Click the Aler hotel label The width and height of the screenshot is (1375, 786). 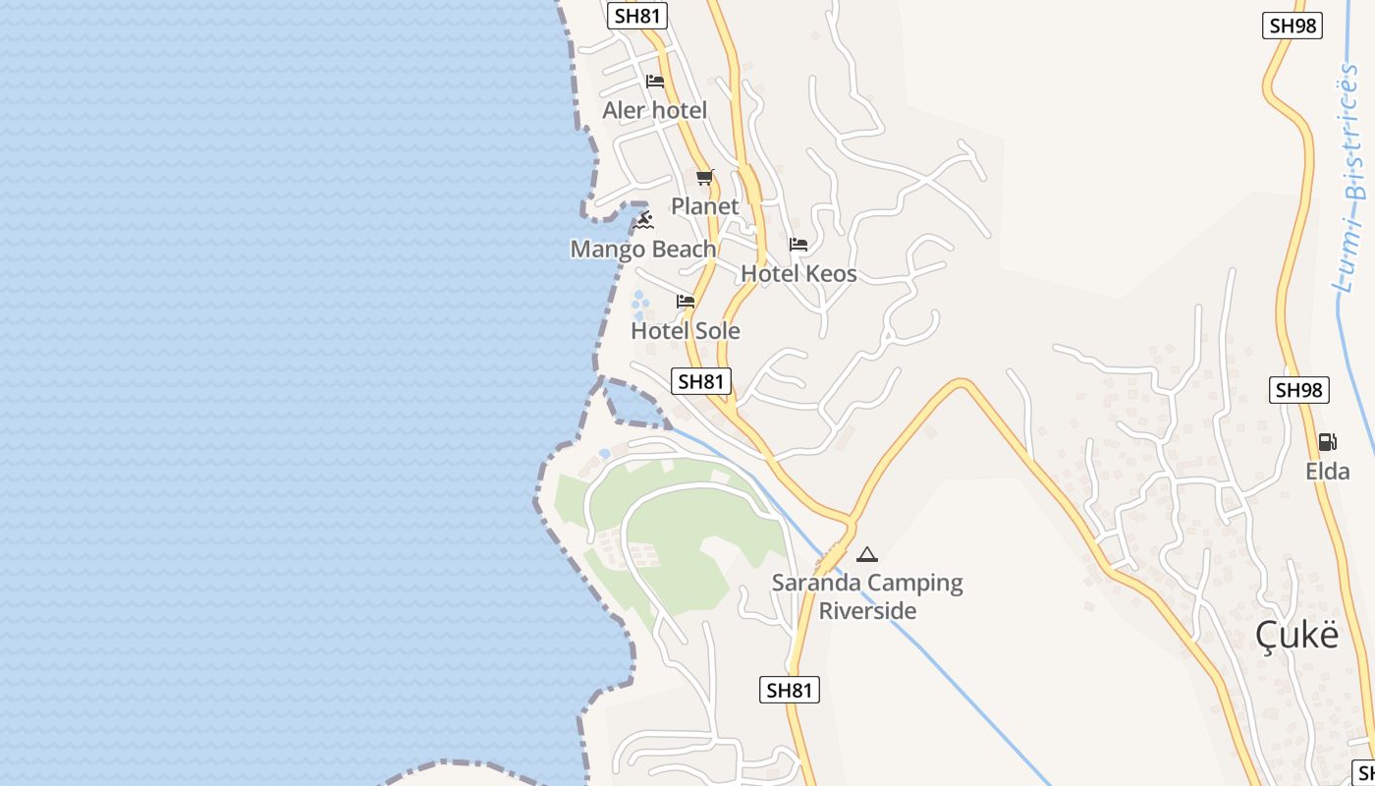pos(654,110)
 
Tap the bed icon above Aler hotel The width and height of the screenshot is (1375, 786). pos(655,82)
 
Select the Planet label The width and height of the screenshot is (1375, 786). pos(704,206)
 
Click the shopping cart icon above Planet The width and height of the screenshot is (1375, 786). pos(704,178)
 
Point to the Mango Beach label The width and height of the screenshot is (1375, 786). pos(643,250)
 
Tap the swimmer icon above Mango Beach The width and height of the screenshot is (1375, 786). pos(644,219)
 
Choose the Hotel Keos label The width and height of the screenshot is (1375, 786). pos(798,274)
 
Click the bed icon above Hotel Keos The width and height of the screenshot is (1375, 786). pos(798,245)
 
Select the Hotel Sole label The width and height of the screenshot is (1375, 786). pos(686,331)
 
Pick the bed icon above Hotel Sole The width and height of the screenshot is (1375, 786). pos(686,302)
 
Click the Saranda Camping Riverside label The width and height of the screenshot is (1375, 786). pos(867,596)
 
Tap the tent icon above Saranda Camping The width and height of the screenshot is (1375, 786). pos(866,555)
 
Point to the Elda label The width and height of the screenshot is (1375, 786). pos(1327,472)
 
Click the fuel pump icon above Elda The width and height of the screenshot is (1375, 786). pos(1327,442)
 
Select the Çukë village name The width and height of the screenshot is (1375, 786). pos(1296,636)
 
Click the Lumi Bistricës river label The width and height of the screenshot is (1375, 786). pos(1352,177)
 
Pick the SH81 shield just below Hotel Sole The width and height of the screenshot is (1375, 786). pos(701,381)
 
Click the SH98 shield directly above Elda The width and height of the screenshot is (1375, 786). pos(1299,390)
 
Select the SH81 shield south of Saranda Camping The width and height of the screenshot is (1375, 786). pos(789,690)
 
